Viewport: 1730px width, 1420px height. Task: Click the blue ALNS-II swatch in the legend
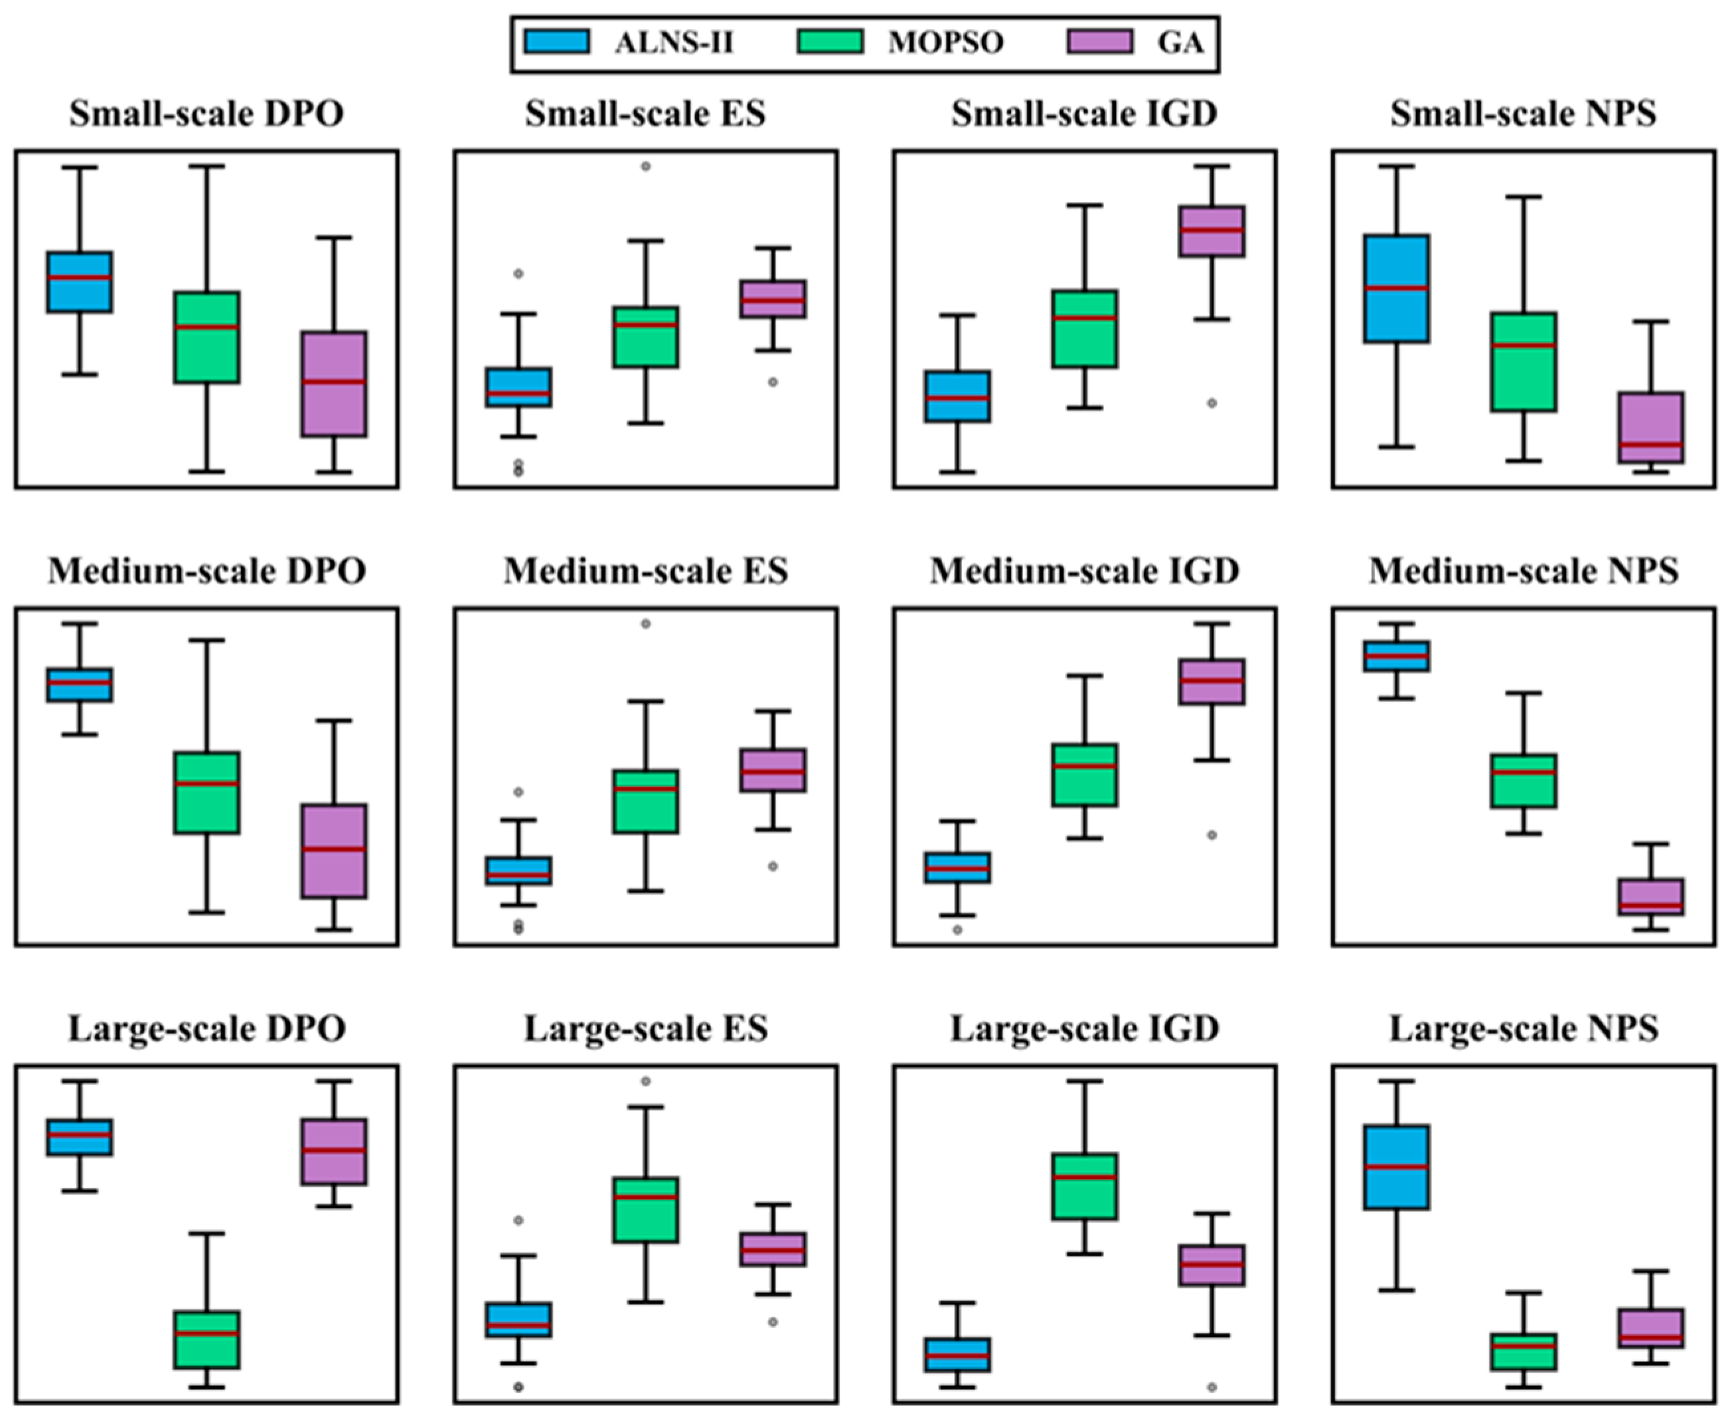point(557,42)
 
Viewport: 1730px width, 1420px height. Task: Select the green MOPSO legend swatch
point(829,42)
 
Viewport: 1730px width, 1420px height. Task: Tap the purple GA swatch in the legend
point(1099,42)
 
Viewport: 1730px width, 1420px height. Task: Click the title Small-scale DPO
point(206,114)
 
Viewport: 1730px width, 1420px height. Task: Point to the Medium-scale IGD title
point(1084,571)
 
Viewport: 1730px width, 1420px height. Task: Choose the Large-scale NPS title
point(1523,1028)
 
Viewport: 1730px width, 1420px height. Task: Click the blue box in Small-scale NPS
point(1397,288)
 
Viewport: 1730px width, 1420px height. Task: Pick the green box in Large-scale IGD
point(1085,1186)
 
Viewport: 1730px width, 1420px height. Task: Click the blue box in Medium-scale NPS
point(1397,656)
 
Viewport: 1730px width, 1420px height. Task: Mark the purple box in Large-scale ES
point(773,1249)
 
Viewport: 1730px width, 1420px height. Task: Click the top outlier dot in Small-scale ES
point(645,166)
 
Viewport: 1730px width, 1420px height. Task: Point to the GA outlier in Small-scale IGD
point(1212,403)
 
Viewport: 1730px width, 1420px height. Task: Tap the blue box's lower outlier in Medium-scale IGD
point(957,930)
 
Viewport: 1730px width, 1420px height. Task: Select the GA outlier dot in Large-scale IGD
point(1212,1387)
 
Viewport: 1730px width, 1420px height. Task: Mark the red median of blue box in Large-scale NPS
point(1397,1166)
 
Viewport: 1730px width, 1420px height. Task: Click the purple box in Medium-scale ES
point(773,770)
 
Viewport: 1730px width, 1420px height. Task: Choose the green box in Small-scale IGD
point(1085,329)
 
